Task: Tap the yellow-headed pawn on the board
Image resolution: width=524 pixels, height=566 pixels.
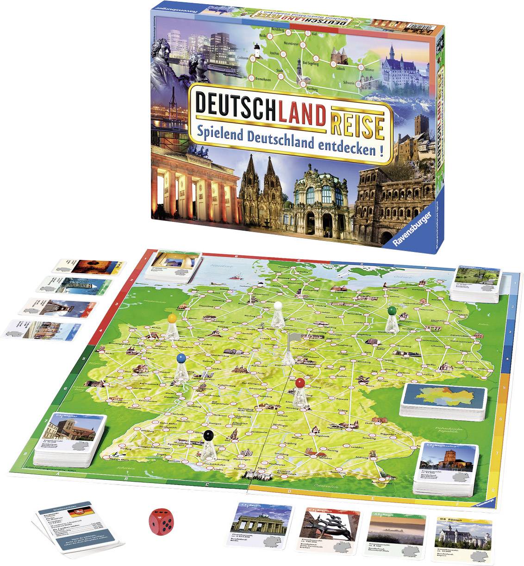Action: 172,325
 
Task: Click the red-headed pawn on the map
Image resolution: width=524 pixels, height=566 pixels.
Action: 300,391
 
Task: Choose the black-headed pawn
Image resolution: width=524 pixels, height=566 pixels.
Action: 208,444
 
